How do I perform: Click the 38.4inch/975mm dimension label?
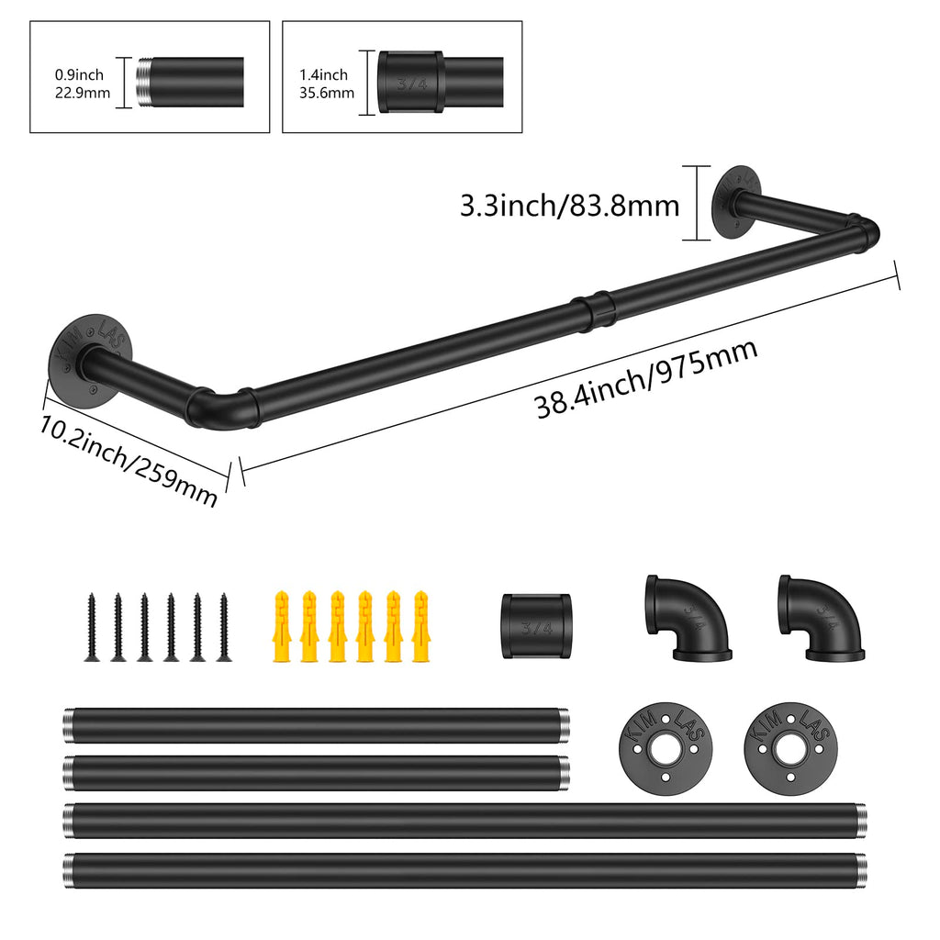pyautogui.click(x=646, y=378)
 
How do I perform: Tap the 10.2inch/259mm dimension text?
pyautogui.click(x=129, y=460)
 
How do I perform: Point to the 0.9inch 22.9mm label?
pyautogui.click(x=82, y=83)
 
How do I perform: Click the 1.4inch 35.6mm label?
pyautogui.click(x=324, y=83)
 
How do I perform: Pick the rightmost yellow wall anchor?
pyautogui.click(x=420, y=626)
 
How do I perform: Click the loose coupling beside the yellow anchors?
pyautogui.click(x=536, y=625)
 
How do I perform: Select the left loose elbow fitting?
pyautogui.click(x=687, y=619)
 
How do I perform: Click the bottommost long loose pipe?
pyautogui.click(x=464, y=870)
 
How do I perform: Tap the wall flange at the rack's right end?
pyautogui.click(x=735, y=203)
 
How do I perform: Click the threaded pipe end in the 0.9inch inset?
pyautogui.click(x=145, y=83)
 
